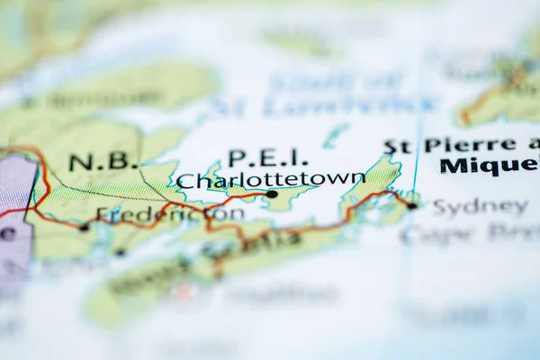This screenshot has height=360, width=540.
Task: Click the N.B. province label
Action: (x=103, y=163)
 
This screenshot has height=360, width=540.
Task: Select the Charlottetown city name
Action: (x=270, y=180)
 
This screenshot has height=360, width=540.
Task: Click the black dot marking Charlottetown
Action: (x=272, y=193)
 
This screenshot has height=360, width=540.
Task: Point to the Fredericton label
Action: (x=170, y=214)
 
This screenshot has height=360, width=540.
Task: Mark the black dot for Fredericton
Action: (x=84, y=227)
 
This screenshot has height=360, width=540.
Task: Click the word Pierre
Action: (x=470, y=145)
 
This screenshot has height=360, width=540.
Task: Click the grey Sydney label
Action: (x=480, y=206)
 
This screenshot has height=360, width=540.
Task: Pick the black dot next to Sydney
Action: (x=411, y=205)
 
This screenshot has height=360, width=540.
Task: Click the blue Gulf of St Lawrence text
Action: (x=324, y=94)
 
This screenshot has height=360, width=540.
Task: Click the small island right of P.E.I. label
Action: (x=334, y=136)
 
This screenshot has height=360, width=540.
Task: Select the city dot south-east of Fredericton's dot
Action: (x=120, y=252)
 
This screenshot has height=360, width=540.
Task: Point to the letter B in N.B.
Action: (x=124, y=163)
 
